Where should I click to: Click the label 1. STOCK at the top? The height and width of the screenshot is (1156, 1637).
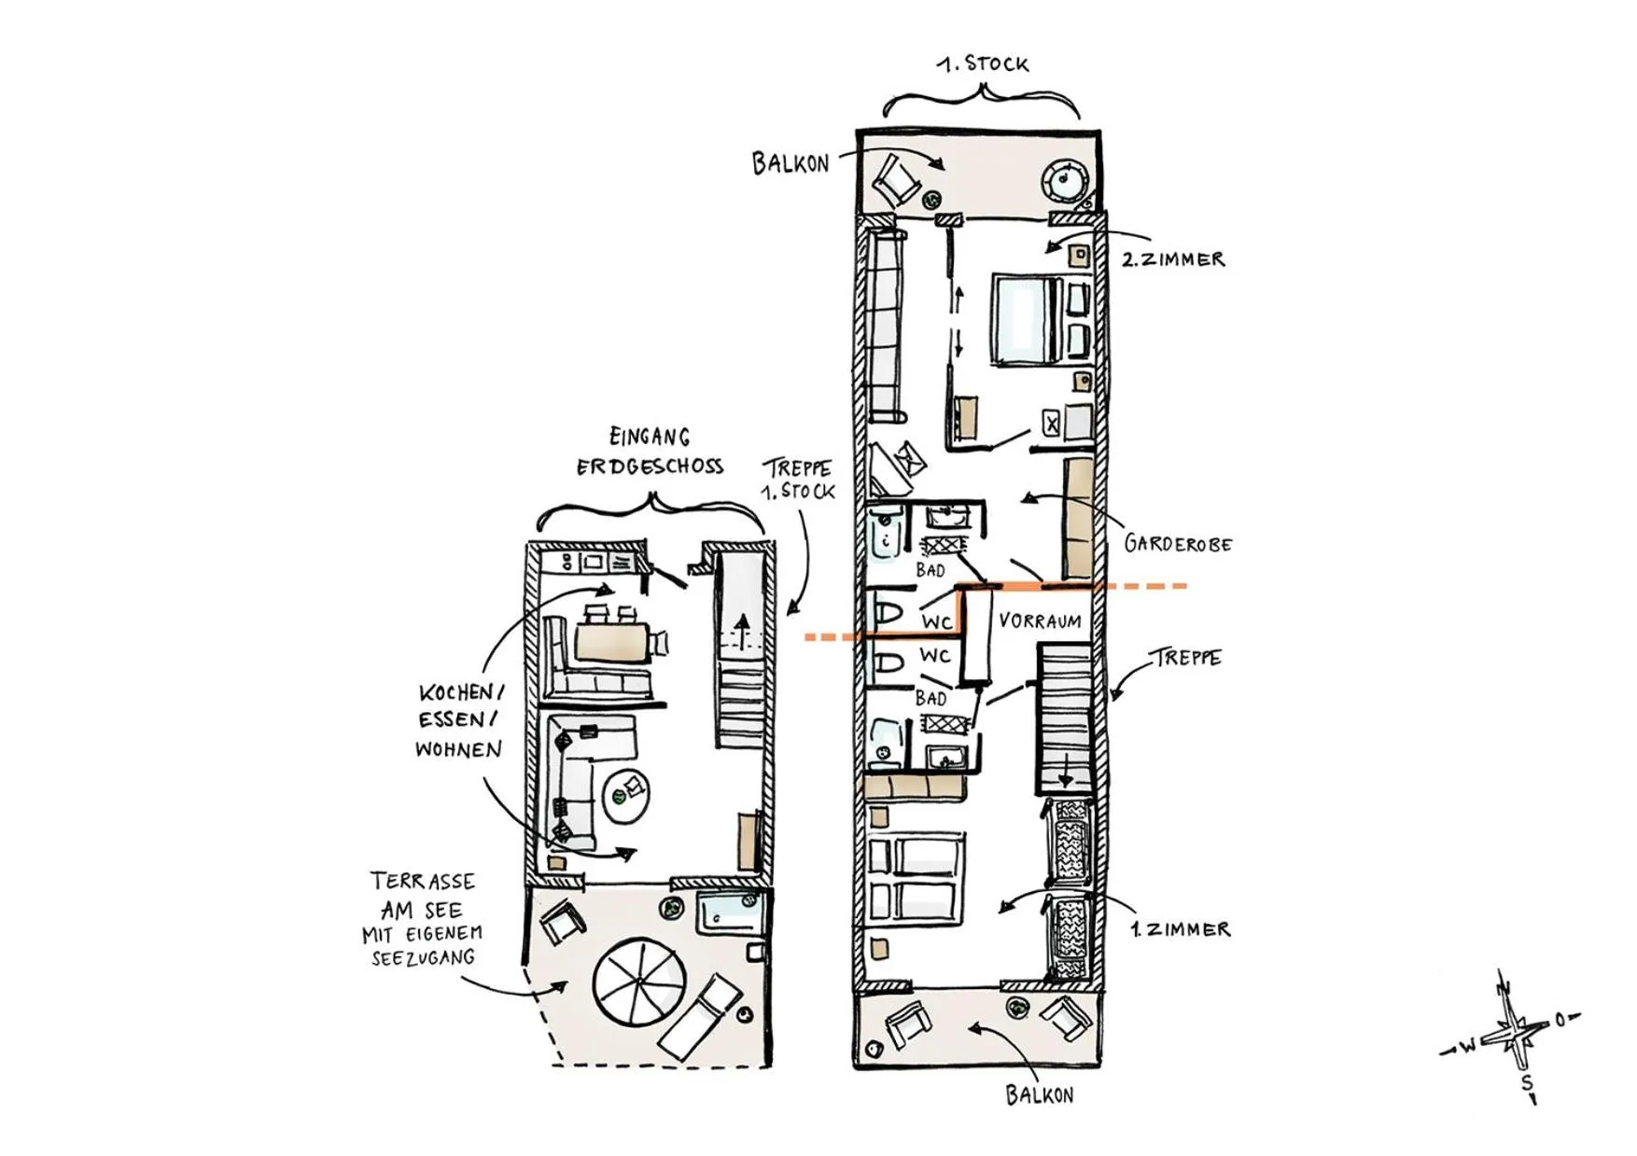pos(984,64)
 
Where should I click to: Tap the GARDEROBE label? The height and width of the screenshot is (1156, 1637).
pos(1178,544)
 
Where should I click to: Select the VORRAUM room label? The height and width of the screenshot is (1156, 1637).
pos(1040,621)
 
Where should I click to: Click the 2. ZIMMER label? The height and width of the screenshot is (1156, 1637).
pos(1173,260)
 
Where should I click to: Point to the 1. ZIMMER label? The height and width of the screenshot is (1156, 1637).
pos(1180,929)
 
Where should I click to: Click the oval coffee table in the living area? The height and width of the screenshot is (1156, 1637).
pos(627,794)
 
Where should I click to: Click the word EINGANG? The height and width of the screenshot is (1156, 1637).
pos(650,437)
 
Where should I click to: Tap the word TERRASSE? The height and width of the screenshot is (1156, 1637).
pos(423,882)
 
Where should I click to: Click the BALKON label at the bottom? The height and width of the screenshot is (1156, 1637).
pos(1039,1095)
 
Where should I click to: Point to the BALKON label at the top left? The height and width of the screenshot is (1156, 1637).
pos(791,164)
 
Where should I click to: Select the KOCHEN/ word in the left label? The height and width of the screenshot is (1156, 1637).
pos(461,693)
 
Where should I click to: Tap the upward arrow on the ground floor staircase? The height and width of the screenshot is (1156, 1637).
pos(743,631)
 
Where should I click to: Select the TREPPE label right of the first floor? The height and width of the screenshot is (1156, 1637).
pos(1186,658)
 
